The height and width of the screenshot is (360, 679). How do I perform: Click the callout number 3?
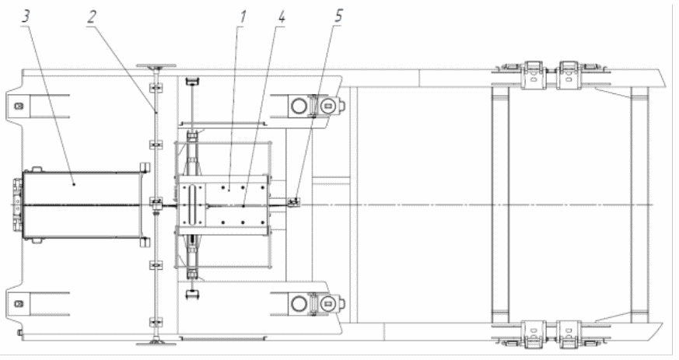(26, 16)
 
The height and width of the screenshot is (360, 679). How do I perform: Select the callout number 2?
(91, 17)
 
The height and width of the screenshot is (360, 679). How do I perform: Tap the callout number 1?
(243, 17)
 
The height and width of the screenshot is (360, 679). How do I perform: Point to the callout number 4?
(281, 17)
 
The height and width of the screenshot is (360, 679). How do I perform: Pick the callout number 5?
(338, 16)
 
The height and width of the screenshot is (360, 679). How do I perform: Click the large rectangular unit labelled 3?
(82, 204)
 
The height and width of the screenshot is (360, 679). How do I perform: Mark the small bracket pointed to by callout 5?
(295, 201)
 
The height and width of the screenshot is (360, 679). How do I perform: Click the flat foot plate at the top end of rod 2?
(156, 66)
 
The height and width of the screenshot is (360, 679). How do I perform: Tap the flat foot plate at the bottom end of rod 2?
(156, 344)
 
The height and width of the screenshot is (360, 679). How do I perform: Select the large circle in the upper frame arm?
(299, 106)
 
